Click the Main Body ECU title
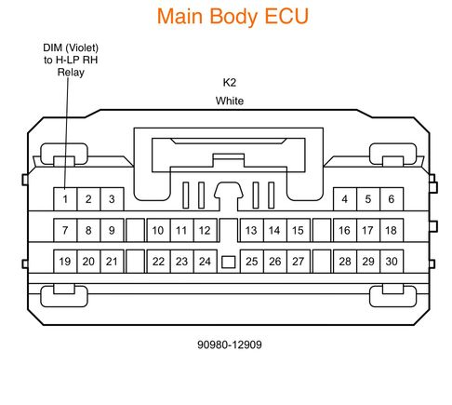click(x=233, y=17)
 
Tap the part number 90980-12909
click(x=230, y=344)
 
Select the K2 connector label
click(x=230, y=83)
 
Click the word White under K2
click(x=230, y=101)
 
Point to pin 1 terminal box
click(x=65, y=199)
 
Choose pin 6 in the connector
click(x=392, y=199)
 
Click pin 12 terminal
click(x=205, y=230)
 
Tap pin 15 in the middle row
click(x=299, y=230)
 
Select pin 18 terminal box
click(x=392, y=230)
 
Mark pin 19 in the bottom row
click(x=65, y=262)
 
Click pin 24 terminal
click(x=205, y=262)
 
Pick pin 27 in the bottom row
click(x=299, y=262)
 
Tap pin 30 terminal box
click(x=392, y=262)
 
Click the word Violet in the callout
click(x=82, y=47)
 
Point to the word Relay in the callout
click(x=71, y=73)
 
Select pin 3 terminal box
click(x=112, y=199)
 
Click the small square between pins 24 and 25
click(x=229, y=263)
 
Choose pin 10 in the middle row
click(x=158, y=230)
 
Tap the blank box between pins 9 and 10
click(x=136, y=230)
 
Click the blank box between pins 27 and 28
click(x=322, y=262)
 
